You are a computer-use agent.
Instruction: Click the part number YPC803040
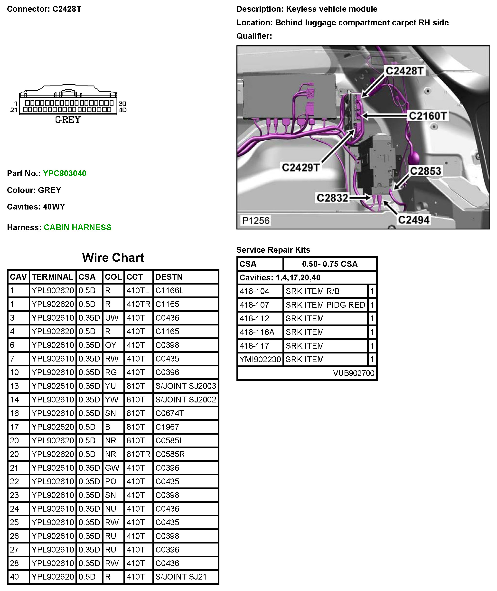point(65,173)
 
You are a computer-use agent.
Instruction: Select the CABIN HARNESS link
point(77,228)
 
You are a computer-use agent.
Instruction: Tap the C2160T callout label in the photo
point(427,116)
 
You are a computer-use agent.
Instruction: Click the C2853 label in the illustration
point(425,171)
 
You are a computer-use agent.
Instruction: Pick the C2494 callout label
point(413,220)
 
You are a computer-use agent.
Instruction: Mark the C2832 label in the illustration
point(332,198)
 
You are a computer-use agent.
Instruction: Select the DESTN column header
point(169,277)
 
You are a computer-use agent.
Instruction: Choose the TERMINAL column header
point(52,277)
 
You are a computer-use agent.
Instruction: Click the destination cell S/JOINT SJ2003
point(186,386)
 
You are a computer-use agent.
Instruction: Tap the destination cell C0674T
point(170,413)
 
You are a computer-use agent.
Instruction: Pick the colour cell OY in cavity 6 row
point(111,345)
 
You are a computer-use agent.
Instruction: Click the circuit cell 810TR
point(138,454)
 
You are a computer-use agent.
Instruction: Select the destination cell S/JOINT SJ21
point(181,577)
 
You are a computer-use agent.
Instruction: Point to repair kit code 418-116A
point(257,332)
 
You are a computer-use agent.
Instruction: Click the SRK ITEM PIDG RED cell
point(325,305)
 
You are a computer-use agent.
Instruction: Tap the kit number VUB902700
point(353,373)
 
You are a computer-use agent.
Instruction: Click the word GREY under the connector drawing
point(68,120)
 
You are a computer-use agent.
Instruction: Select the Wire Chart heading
point(113,257)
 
